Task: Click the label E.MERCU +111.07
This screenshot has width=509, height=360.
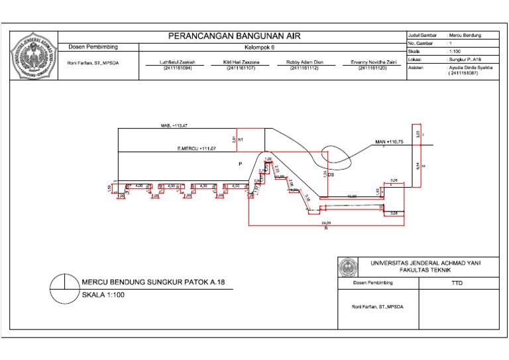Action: pos(196,149)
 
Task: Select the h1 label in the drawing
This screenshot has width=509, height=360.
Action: pos(241,140)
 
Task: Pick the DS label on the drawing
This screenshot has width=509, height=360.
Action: pos(331,175)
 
